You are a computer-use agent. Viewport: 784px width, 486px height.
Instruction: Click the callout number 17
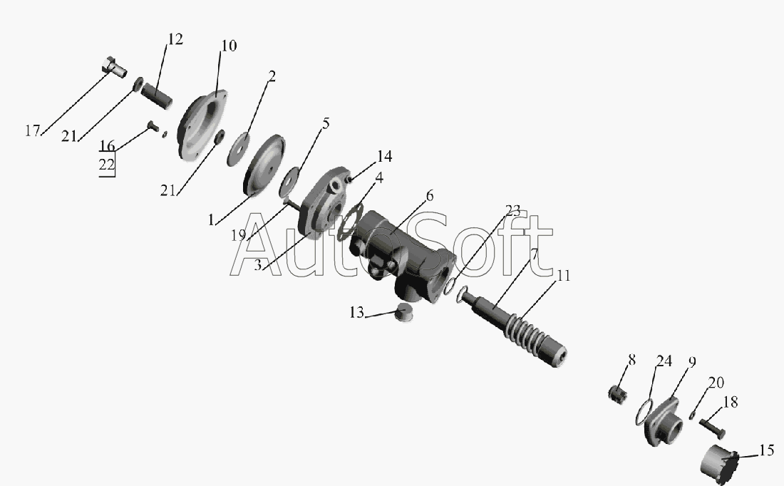33,131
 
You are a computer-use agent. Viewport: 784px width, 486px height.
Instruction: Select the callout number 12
175,39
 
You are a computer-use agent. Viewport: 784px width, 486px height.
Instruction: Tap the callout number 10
229,46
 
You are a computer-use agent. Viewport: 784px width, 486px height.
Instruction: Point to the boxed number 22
106,165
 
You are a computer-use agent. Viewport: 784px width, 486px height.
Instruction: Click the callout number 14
384,157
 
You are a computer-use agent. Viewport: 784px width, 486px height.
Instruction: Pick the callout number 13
356,313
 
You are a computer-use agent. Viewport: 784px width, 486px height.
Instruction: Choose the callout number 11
564,276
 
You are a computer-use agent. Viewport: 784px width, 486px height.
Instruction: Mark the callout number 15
766,450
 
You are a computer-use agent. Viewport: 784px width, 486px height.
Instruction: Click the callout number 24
664,361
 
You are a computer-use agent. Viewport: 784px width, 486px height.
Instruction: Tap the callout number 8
632,360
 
